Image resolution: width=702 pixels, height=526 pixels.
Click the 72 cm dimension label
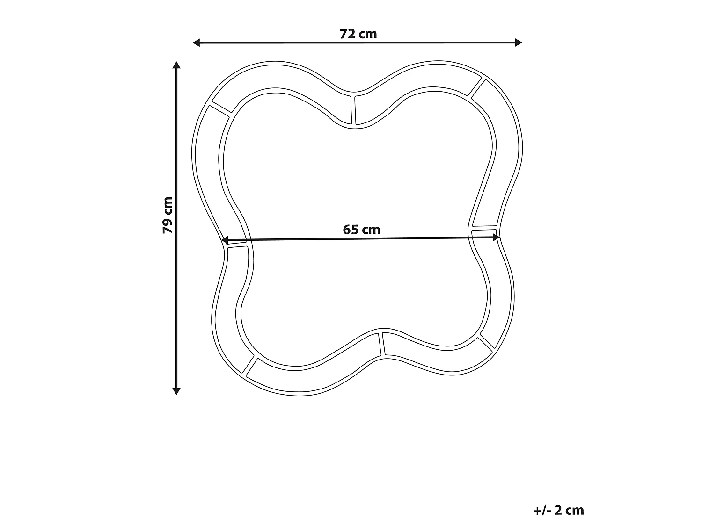tap(358, 34)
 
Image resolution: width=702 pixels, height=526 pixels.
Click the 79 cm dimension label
tap(168, 215)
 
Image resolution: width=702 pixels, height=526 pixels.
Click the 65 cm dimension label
tap(361, 230)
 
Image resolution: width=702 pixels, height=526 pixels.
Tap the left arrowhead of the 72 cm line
tap(196, 43)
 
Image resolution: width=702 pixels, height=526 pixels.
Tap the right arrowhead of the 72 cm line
tap(519, 43)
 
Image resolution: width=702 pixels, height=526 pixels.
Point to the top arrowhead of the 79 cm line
tap(176, 65)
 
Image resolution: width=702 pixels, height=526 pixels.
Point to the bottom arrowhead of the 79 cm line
tap(176, 391)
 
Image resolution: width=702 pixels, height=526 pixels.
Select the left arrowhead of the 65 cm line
tap(225, 240)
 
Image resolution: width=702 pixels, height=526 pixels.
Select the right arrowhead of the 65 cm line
tap(497, 238)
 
